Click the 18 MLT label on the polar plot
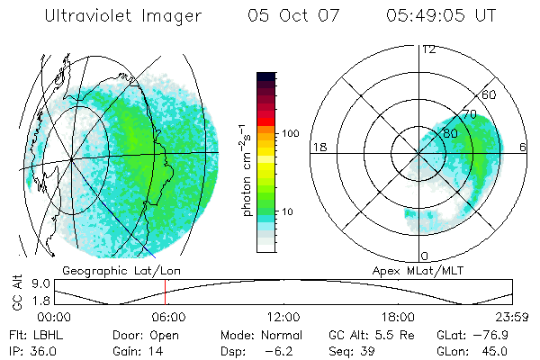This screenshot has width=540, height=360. (x=318, y=147)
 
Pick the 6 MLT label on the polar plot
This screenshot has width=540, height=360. (x=523, y=147)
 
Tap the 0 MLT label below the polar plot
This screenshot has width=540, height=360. (x=424, y=256)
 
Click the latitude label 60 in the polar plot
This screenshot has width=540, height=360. (x=490, y=94)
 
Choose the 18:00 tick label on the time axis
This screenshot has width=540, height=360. (x=398, y=317)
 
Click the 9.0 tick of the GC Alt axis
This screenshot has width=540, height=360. (x=39, y=283)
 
